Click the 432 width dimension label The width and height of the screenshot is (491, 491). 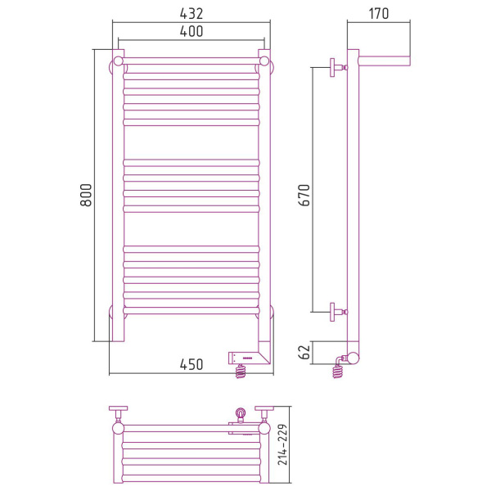pos(191,13)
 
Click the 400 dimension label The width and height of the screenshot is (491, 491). pos(191,31)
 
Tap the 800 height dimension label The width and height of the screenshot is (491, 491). pos(86,195)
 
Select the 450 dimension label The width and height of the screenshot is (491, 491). pos(191,364)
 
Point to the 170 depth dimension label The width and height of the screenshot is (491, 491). pos(379,13)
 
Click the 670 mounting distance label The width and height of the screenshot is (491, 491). pos(304,195)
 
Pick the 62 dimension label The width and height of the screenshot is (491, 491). pos(304,352)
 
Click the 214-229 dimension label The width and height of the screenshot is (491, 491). pos(282,444)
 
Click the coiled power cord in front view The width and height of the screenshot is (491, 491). pos(241,372)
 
